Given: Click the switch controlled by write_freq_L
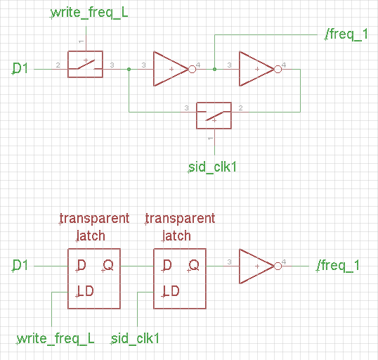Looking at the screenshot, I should pos(85,64).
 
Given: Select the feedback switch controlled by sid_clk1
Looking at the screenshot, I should pos(214,115).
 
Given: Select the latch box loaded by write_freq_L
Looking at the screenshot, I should pos(93,278).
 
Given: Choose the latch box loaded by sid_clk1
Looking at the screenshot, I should pos(180,278).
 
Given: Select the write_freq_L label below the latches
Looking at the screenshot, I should pos(56,338).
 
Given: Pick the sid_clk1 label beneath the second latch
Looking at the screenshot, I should pos(136,338).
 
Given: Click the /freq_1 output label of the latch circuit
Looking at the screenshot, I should pos(338,265).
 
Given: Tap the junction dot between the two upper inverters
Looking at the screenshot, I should pos(214,69).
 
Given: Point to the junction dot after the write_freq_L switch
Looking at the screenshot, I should pos(128,69).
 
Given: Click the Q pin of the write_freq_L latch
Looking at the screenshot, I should pos(108,265).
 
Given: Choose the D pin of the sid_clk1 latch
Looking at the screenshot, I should pos(167,265).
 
